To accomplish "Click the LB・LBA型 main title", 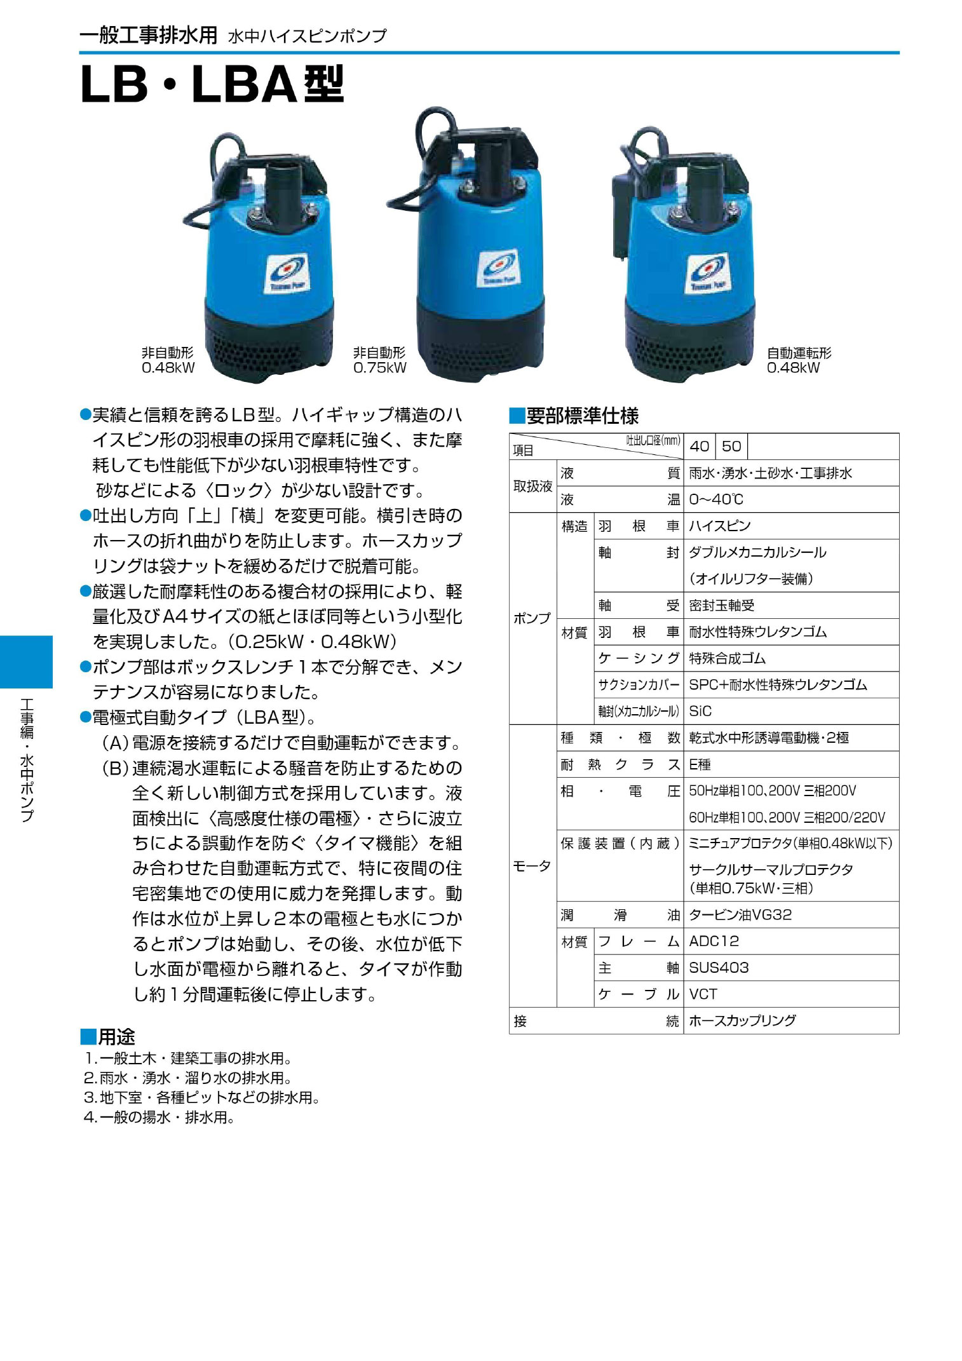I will point(212,85).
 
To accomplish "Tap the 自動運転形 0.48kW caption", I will point(798,360).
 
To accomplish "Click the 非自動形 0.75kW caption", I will point(379,360).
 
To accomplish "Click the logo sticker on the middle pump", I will point(498,268).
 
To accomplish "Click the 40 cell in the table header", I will point(699,447).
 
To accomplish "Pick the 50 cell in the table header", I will point(731,447).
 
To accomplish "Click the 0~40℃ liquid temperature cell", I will point(716,499).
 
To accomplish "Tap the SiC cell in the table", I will point(700,711).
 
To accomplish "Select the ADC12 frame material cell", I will point(714,941).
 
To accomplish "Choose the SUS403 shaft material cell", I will point(719,968).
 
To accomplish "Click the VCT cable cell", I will point(703,994).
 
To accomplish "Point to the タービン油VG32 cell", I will point(740,915).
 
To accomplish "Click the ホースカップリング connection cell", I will point(742,1021).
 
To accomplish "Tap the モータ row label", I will point(532,866).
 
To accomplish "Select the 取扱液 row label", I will point(532,486).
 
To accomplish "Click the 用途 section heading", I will point(108,1037).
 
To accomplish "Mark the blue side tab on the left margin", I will point(26,661).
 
